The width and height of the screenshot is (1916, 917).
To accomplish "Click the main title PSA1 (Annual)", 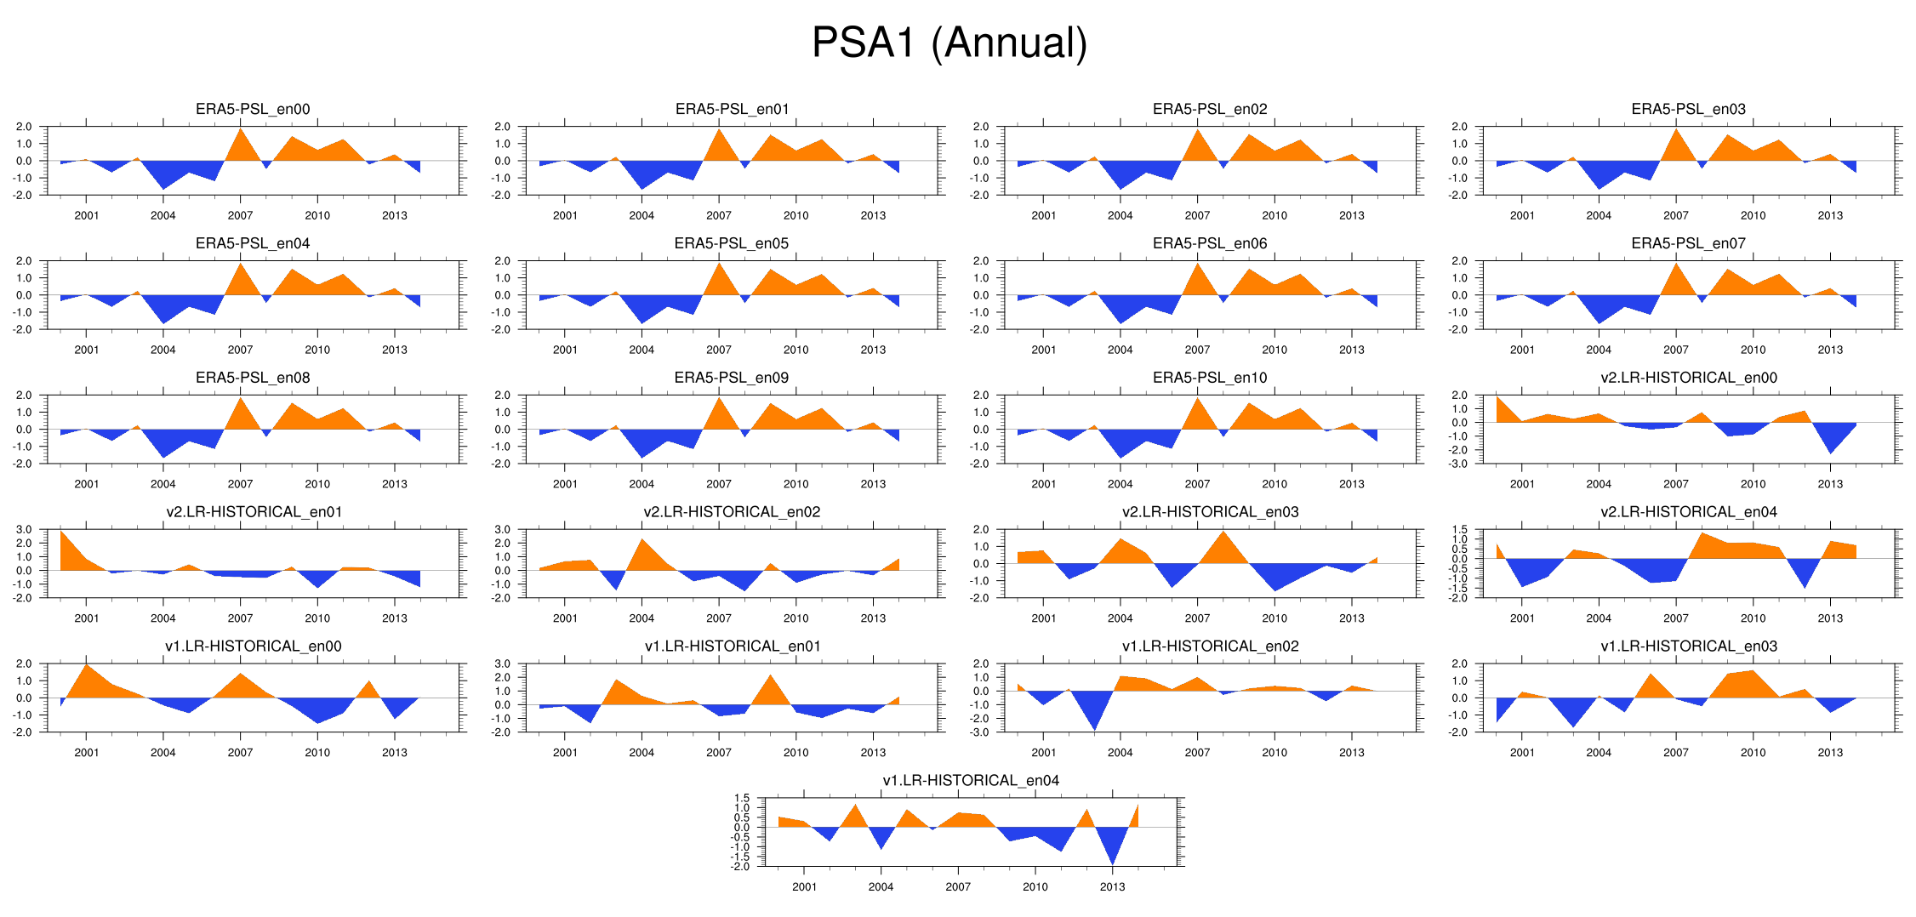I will click(x=949, y=43).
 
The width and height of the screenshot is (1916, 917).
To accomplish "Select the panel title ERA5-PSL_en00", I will click(x=253, y=109).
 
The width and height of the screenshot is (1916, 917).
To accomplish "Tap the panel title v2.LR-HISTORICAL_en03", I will click(x=1210, y=511).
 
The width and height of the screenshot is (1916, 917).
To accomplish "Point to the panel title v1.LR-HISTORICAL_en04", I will click(x=971, y=780).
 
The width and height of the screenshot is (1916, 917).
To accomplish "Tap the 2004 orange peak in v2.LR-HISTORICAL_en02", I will click(x=642, y=540).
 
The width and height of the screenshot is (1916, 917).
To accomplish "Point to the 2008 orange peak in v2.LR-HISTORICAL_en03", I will click(x=1223, y=533).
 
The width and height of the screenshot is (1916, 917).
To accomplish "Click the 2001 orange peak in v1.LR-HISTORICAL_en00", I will click(x=87, y=665).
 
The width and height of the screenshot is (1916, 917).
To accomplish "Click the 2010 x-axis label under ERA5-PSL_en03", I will click(x=1753, y=215).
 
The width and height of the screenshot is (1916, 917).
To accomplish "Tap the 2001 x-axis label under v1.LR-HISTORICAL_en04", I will click(x=804, y=886).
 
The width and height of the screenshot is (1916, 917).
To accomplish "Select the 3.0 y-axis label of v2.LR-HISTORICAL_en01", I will click(x=24, y=529).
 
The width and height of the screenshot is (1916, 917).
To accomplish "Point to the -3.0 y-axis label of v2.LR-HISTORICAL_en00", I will click(x=1459, y=464).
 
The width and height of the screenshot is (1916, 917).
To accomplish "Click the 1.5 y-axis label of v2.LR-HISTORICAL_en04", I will click(x=1459, y=529).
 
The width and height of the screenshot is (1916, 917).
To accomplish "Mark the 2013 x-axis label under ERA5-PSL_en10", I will click(x=1351, y=484).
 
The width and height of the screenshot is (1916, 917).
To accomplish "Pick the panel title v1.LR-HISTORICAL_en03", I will click(x=1689, y=646).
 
